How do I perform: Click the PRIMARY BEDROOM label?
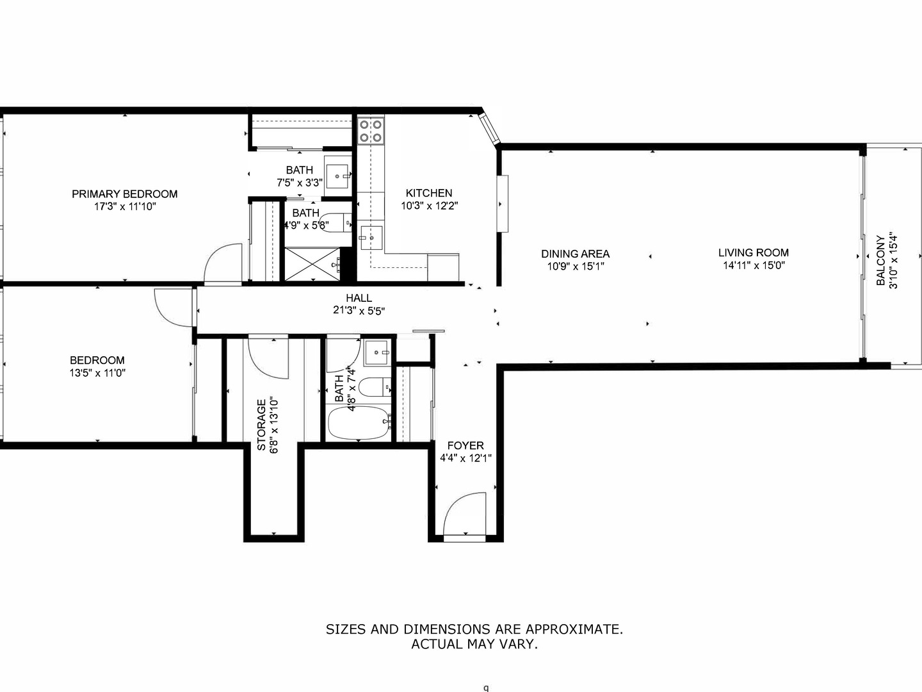pos(124,194)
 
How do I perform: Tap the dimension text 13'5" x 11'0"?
pos(97,373)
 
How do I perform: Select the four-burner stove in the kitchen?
pos(371,131)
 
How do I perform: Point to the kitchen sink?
pos(371,238)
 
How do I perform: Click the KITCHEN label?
pos(428,193)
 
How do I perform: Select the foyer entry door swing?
pos(464,514)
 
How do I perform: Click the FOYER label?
pos(465,445)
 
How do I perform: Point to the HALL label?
pos(359,298)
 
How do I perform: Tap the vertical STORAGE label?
pos(261,425)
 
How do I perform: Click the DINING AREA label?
pos(575,254)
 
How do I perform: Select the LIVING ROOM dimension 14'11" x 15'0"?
pos(754,265)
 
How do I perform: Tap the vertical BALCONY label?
pos(881,260)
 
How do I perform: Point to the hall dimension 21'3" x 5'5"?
pos(359,311)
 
